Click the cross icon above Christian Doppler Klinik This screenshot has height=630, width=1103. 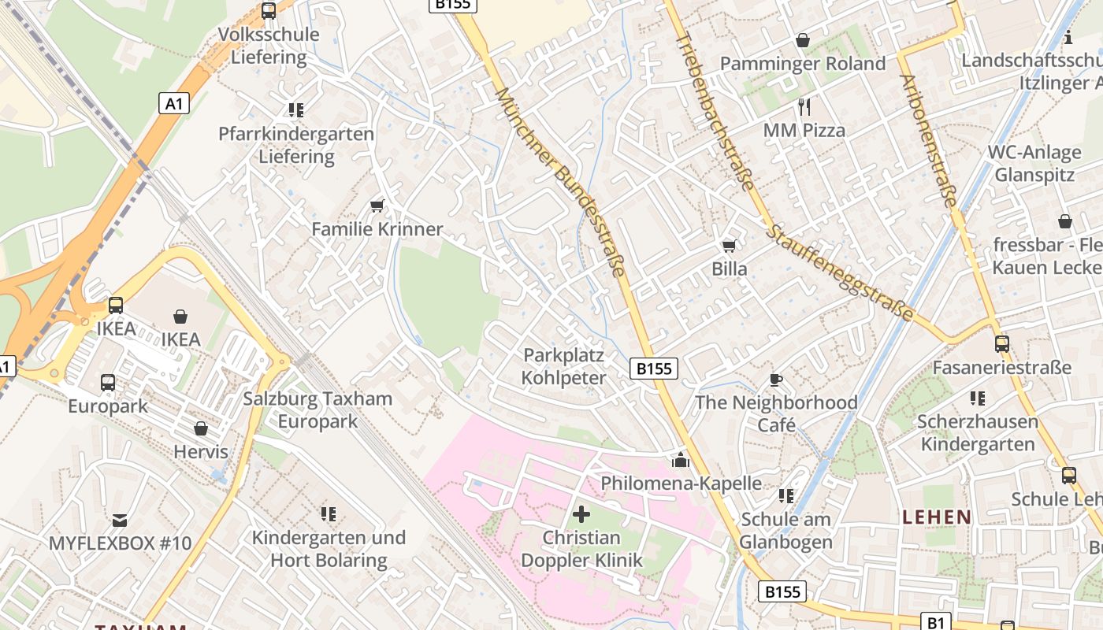[581, 515]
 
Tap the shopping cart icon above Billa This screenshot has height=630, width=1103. [730, 246]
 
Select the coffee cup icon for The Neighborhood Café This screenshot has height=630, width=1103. [776, 380]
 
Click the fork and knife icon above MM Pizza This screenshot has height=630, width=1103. [804, 107]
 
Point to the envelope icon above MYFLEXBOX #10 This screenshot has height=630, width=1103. [120, 521]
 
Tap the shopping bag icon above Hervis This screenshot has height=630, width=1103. [201, 429]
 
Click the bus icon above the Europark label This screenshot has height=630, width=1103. [108, 384]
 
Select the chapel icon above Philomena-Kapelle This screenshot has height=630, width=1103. [681, 460]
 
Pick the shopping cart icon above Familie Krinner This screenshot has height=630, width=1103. [377, 206]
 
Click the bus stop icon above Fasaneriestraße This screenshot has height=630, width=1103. [1001, 344]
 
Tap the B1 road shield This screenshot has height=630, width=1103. [935, 622]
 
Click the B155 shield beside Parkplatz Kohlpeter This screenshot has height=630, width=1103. [654, 369]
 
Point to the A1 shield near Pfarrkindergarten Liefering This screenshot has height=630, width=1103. [174, 103]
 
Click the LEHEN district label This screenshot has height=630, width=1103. [937, 517]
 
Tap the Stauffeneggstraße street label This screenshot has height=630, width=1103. [841, 273]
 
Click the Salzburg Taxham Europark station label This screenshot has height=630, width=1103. [318, 409]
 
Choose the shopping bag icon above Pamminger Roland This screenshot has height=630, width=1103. [803, 40]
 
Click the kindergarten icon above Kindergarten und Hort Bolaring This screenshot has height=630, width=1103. [329, 514]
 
